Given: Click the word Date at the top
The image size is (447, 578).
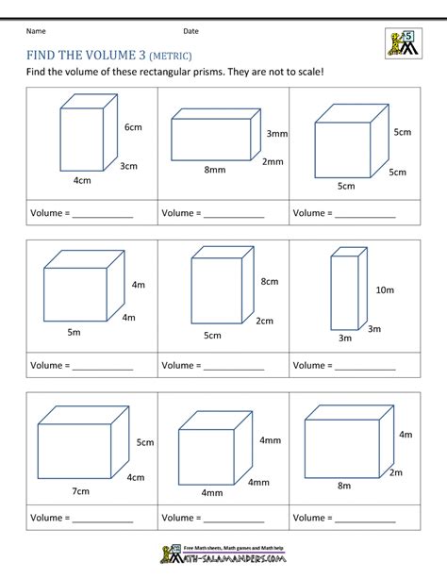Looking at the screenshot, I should click(191, 32).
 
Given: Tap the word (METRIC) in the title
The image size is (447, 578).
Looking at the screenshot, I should click(173, 55).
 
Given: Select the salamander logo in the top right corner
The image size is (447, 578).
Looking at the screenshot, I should click(402, 43).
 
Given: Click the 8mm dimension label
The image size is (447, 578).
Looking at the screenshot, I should click(214, 171).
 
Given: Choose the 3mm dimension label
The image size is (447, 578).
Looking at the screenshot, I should click(276, 134).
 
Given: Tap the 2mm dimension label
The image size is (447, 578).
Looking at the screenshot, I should click(273, 161).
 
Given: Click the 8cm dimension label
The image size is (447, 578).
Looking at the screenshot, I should click(270, 281).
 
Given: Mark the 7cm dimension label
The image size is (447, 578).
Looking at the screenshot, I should click(78, 491).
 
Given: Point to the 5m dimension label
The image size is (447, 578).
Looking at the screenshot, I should click(74, 333).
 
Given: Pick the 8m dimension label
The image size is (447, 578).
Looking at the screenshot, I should click(344, 486).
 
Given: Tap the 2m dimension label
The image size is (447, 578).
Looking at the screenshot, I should click(396, 472).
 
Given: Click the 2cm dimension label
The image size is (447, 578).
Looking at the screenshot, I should click(264, 321).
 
